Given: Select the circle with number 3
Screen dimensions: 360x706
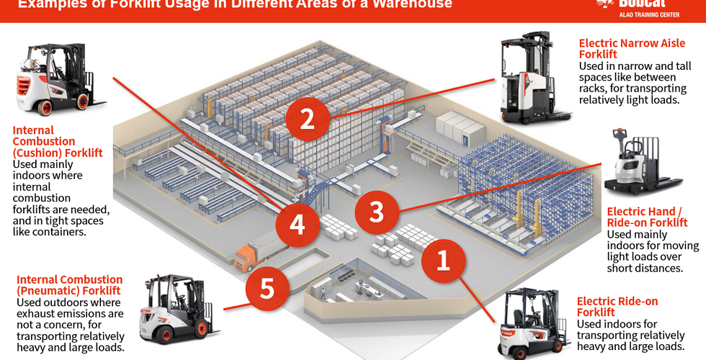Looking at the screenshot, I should [376, 212].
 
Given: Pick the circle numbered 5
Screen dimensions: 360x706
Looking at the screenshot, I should [267, 289].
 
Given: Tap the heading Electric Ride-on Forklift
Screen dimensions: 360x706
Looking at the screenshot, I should [617, 307].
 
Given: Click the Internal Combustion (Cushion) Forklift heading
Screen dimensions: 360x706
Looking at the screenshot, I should [58, 142].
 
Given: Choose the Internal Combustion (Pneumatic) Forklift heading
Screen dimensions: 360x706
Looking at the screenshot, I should [69, 284].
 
